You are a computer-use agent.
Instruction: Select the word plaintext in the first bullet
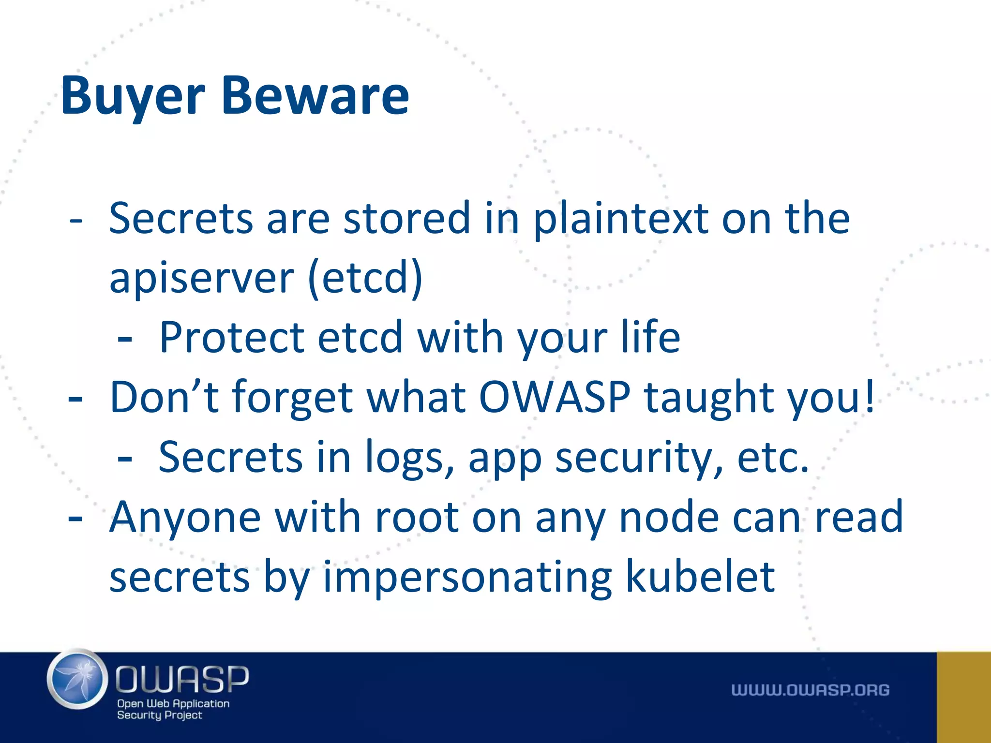coord(621,219)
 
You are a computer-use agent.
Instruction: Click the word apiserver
coord(201,279)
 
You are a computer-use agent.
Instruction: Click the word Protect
coord(232,337)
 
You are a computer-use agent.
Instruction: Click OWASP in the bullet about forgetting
coord(555,397)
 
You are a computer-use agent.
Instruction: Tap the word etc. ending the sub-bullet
coord(772,458)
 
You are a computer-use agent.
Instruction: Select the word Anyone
coord(185,518)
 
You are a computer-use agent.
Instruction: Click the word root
coord(417,518)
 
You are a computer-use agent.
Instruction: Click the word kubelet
coord(700,577)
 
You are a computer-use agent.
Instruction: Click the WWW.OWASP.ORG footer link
coord(810,690)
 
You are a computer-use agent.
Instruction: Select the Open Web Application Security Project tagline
coord(173,709)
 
